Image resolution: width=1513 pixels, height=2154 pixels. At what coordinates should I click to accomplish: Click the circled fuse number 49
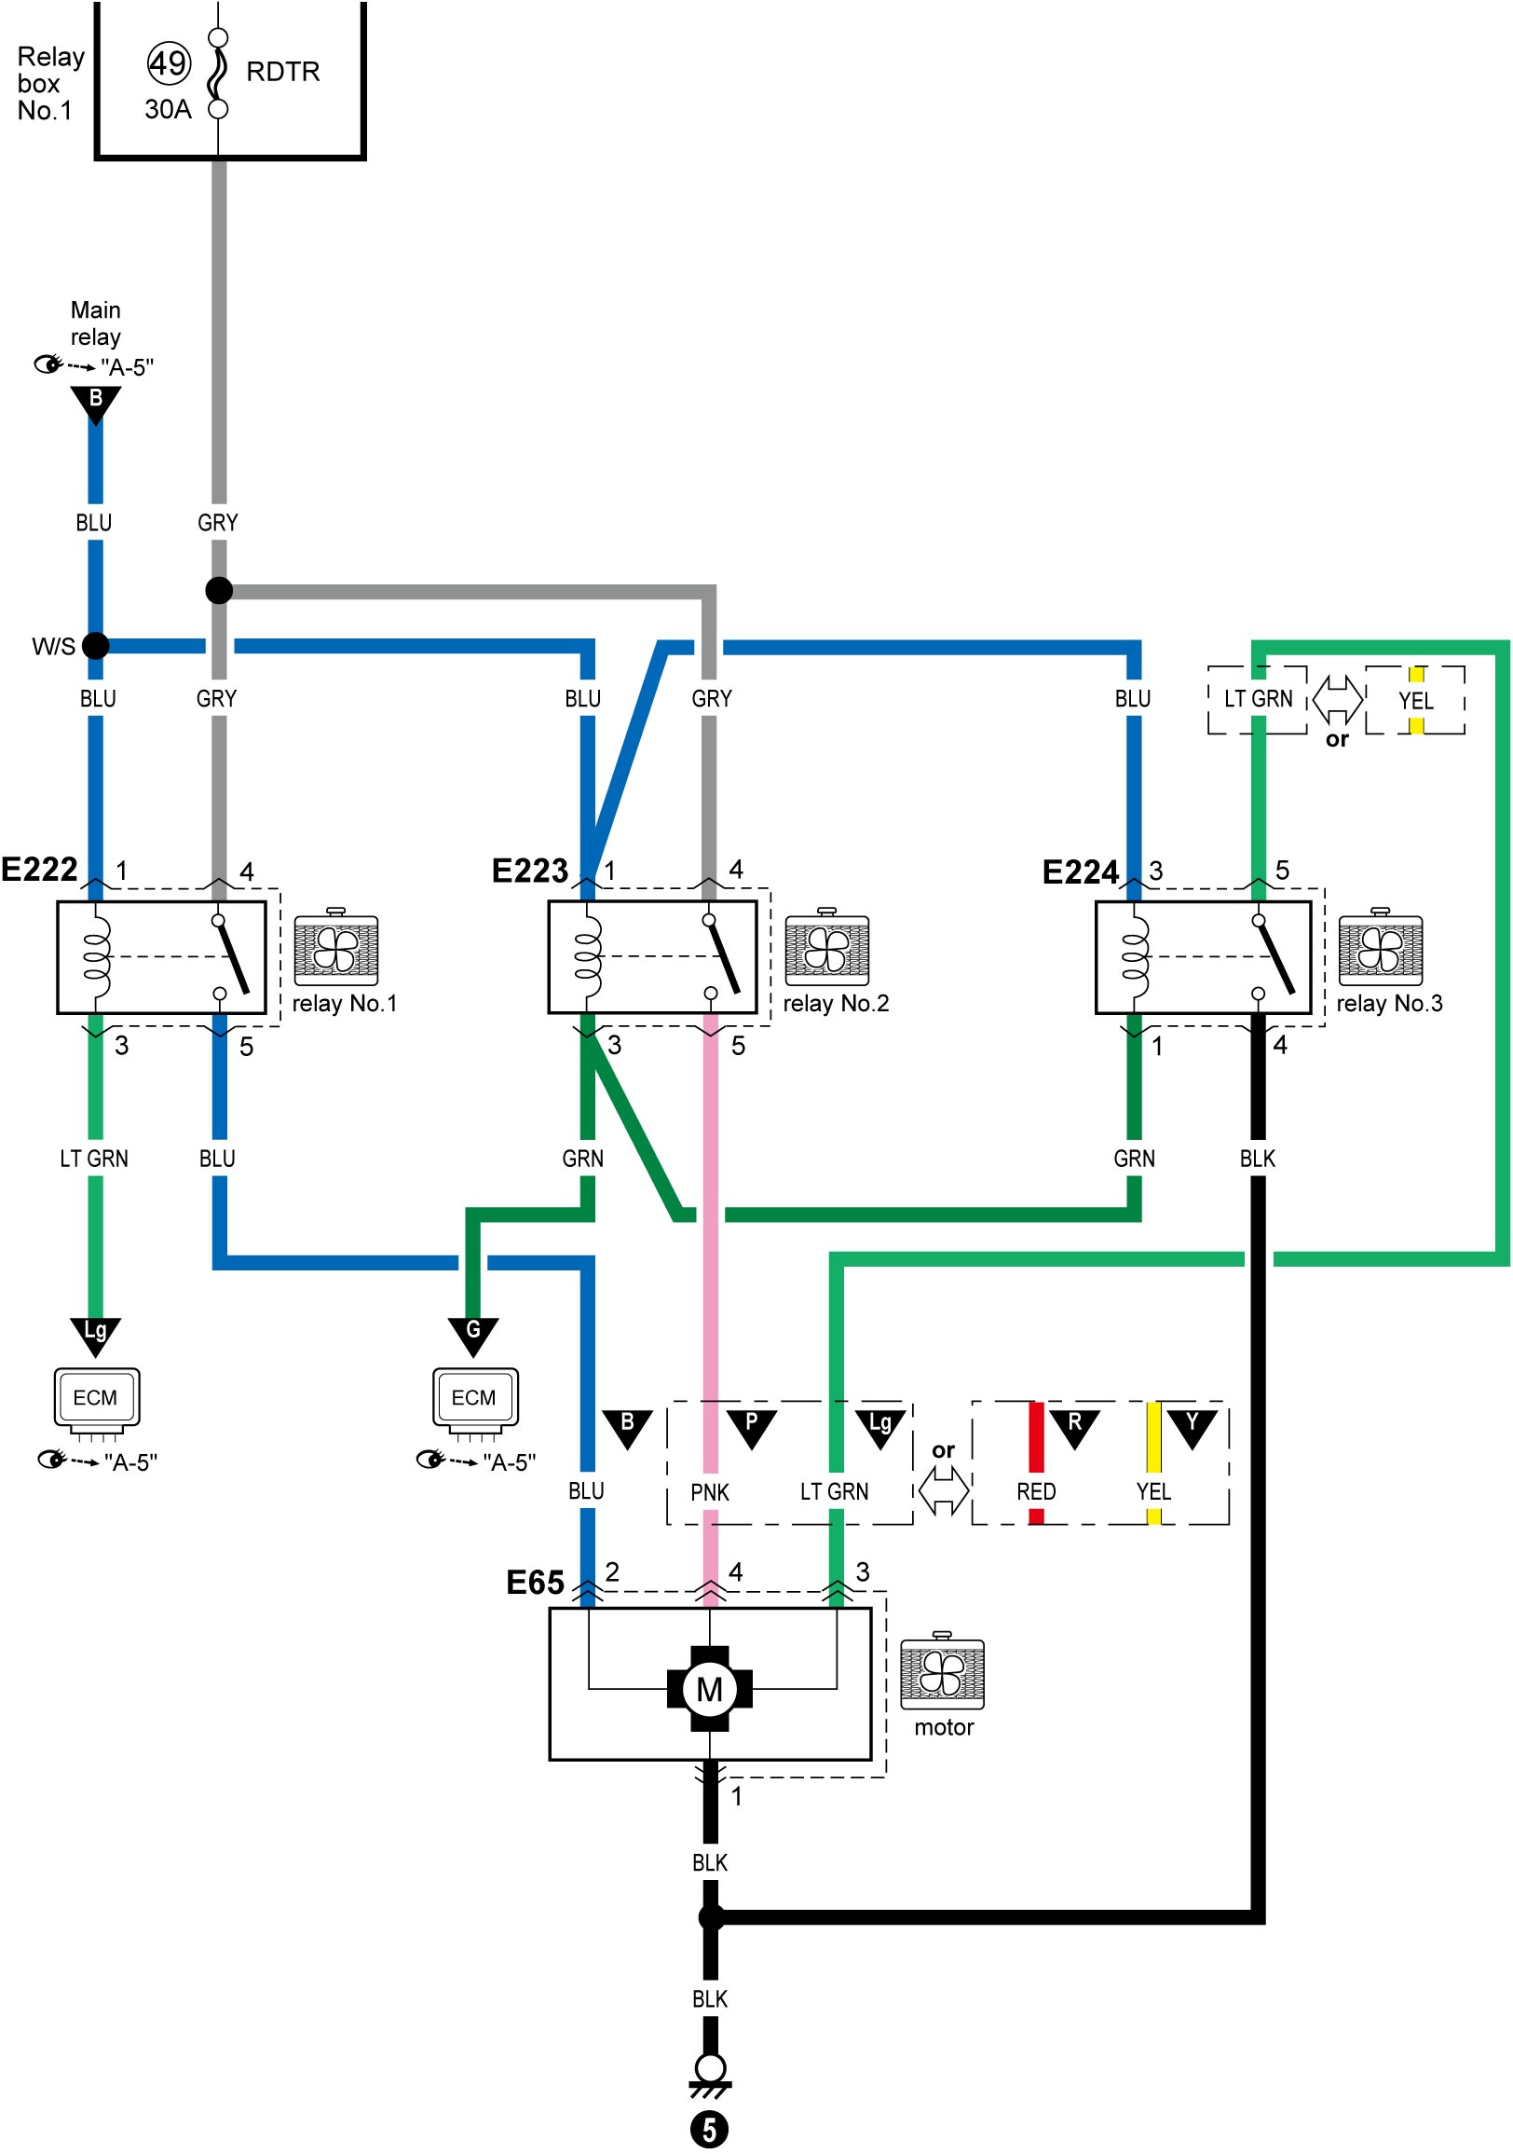(169, 63)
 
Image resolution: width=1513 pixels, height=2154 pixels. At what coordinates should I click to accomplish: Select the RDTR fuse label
(282, 71)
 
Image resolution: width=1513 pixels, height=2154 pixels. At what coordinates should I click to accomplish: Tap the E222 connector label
(39, 870)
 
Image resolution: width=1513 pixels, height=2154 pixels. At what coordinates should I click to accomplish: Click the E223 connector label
(530, 871)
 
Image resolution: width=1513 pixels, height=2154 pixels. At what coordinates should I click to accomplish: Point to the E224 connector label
(1081, 872)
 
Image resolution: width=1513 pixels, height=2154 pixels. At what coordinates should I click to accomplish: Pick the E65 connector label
(535, 1583)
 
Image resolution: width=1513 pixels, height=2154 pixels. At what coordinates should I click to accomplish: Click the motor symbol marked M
(710, 1690)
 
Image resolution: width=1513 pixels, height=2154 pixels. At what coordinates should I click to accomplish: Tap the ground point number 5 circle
(710, 2130)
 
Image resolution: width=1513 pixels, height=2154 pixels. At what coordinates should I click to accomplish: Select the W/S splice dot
(96, 645)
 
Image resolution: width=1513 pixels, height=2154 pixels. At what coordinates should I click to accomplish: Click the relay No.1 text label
(345, 1004)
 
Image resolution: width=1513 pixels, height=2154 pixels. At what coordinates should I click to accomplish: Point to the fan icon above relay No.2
(826, 947)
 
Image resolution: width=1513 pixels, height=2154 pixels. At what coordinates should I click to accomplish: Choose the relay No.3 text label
(1389, 1004)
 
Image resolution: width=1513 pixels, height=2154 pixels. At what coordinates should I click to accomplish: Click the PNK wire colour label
(710, 1492)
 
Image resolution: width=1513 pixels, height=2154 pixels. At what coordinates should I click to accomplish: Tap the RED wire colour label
(1037, 1491)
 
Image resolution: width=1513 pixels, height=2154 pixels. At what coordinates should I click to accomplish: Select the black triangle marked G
(472, 1336)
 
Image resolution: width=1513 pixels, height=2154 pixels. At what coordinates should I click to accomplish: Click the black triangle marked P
(751, 1429)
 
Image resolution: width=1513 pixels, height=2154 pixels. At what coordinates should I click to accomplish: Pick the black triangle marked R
(1074, 1429)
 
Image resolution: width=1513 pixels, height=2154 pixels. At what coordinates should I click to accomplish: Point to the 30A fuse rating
(168, 110)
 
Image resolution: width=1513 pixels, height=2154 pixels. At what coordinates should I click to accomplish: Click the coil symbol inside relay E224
(1135, 957)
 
